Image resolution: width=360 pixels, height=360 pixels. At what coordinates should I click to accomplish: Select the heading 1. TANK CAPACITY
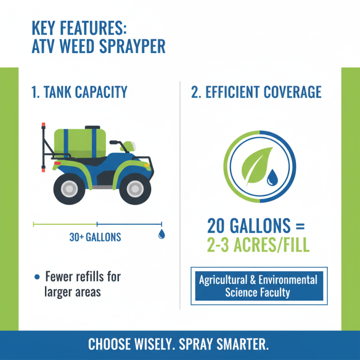[x=80, y=92]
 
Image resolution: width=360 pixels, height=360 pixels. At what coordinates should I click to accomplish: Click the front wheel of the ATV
[x=135, y=188]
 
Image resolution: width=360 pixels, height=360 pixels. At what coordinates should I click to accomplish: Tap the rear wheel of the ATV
[x=68, y=188]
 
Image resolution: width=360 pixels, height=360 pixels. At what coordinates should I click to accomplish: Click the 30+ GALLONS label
[x=95, y=237]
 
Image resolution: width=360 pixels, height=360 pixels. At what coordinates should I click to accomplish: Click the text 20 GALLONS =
[x=256, y=225]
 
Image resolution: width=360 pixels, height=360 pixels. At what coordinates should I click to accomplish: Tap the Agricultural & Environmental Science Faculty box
[x=258, y=286]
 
